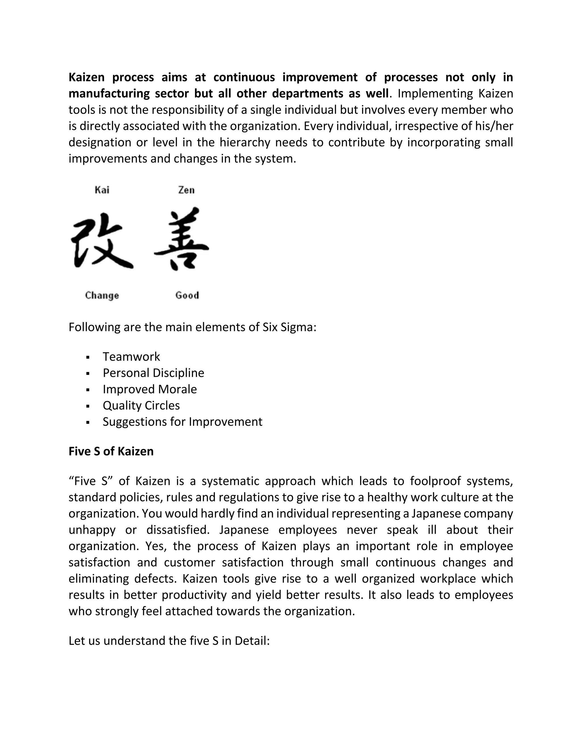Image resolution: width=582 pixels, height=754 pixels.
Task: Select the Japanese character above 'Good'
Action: coord(182,239)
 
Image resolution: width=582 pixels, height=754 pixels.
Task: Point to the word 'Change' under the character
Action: coord(102,296)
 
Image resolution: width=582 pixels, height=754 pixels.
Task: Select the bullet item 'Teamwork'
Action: coord(131,357)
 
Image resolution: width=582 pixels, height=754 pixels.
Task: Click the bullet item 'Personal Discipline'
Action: coord(153,373)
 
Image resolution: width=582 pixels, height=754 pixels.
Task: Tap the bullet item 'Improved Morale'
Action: coord(150,389)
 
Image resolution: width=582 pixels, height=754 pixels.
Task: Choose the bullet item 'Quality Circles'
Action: coord(141,405)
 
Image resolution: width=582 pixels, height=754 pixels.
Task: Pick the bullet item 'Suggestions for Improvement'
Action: coord(182,422)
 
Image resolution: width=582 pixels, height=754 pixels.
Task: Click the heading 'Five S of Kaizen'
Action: coord(111,451)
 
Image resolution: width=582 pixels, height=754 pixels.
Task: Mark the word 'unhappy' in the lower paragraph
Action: coord(92,530)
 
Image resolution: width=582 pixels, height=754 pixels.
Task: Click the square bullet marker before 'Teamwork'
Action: coord(88,357)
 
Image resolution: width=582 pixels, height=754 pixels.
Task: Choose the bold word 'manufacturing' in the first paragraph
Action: coord(108,94)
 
